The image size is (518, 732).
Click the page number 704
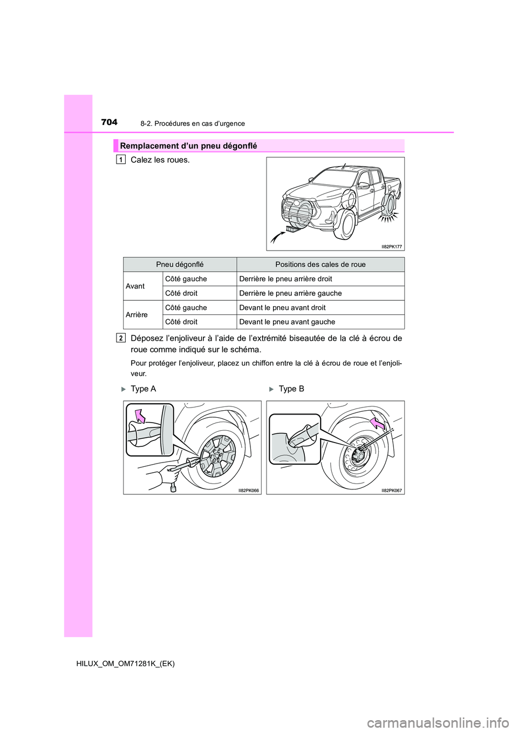tap(109, 122)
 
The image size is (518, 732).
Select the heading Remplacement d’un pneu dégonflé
tap(188, 146)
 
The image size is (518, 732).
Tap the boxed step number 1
tap(121, 160)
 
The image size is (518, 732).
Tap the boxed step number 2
tap(121, 338)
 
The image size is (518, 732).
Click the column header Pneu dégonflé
tap(180, 264)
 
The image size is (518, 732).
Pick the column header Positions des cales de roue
tap(320, 264)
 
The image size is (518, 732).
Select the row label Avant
tap(135, 286)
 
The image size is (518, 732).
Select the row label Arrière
tap(137, 315)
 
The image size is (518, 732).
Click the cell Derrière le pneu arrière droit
tap(285, 279)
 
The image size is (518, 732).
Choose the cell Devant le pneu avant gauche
tap(287, 322)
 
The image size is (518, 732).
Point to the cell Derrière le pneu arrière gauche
tap(290, 293)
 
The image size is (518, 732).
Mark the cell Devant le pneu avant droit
tap(282, 308)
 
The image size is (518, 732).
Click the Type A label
tap(143, 389)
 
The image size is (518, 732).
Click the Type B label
tap(291, 389)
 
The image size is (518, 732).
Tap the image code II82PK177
tap(392, 246)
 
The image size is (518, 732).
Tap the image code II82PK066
tap(249, 491)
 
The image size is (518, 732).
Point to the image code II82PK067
tap(392, 491)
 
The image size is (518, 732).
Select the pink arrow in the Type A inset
tap(141, 416)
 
